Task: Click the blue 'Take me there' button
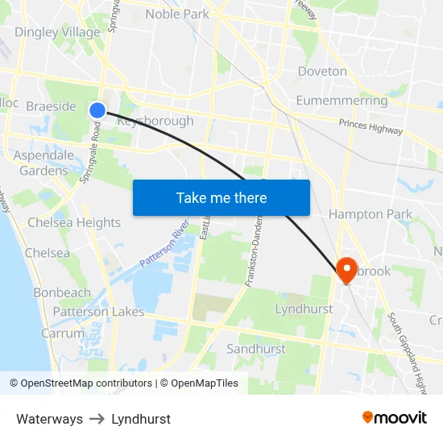pos(221,197)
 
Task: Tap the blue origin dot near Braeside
pos(97,110)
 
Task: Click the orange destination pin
pos(347,269)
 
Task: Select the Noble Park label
pos(176,14)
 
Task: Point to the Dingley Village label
pos(58,32)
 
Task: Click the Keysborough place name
pos(155,121)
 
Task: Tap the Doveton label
pos(322,71)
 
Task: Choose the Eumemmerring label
pos(342,101)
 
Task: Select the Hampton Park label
pos(370,214)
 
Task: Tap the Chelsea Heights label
pos(74,222)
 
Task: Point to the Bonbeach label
pos(62,292)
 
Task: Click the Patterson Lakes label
pos(99,312)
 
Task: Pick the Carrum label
pos(63,333)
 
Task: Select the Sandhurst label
pos(256,349)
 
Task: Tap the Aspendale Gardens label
pos(43,163)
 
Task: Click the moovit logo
pos(394,417)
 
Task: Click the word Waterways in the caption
pos(49,419)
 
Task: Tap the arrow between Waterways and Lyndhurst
pos(97,419)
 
